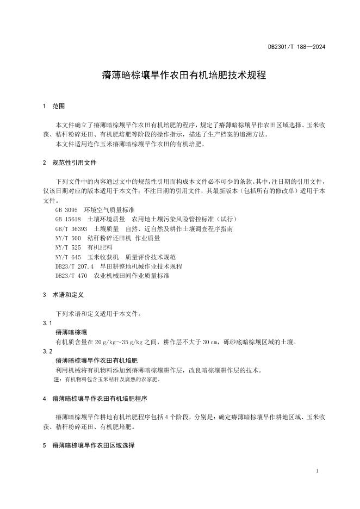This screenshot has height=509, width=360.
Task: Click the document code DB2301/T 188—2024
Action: (x=296, y=47)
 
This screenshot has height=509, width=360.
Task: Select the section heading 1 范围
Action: (x=54, y=106)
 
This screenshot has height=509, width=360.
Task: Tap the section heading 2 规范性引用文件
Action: (x=71, y=163)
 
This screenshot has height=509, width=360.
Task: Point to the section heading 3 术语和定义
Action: (x=64, y=295)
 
